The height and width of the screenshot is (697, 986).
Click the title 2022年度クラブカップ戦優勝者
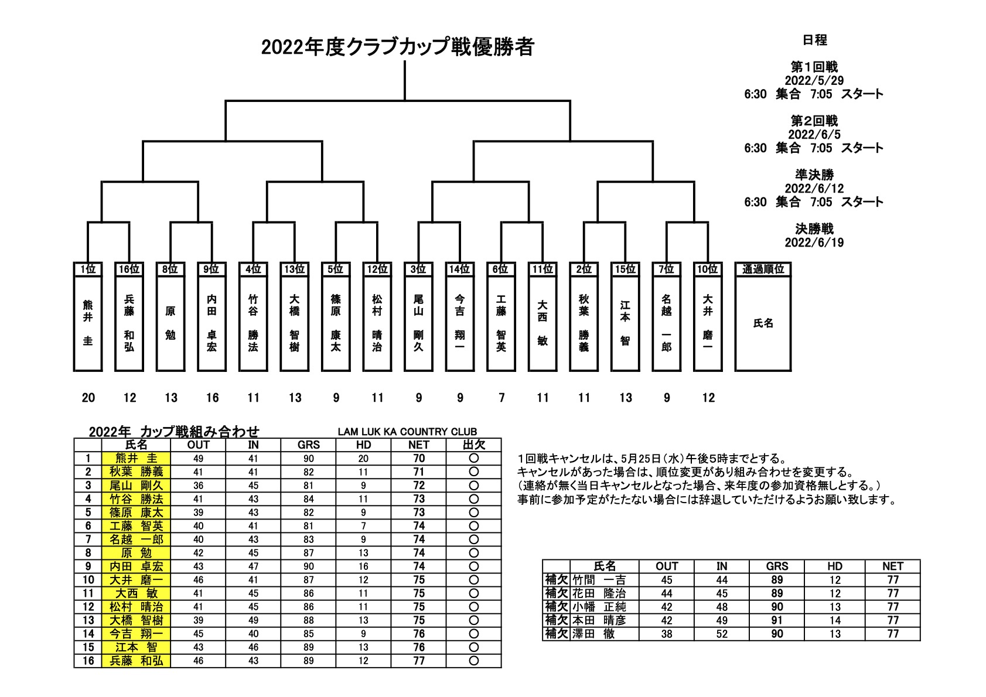[x=397, y=47]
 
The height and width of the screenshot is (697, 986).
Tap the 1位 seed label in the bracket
[x=88, y=269]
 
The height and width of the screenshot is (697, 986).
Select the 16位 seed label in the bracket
[x=129, y=269]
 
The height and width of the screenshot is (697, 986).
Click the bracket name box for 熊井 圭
[x=88, y=323]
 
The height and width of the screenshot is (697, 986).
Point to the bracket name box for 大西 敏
[x=543, y=323]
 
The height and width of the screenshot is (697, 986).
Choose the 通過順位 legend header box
[x=763, y=269]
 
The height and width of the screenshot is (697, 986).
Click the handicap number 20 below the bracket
[x=88, y=398]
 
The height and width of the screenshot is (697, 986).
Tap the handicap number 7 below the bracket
[x=501, y=398]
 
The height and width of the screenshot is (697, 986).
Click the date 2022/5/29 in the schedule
[x=814, y=80]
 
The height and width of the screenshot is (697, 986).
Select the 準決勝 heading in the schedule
[x=814, y=175]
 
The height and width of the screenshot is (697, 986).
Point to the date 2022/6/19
[x=814, y=242]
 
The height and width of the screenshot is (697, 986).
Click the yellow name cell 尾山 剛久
[x=136, y=486]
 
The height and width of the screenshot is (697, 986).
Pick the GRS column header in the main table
[x=309, y=445]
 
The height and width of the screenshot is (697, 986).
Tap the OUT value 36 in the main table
[x=198, y=486]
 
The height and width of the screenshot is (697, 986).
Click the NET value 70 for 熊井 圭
[x=419, y=459]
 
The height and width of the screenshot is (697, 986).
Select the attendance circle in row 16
[x=473, y=661]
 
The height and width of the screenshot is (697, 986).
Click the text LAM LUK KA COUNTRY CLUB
[x=407, y=432]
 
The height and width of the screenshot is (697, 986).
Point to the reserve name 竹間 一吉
[x=599, y=580]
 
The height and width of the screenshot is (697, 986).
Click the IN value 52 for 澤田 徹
[x=722, y=634]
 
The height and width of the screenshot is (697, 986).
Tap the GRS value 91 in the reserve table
[x=777, y=620]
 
